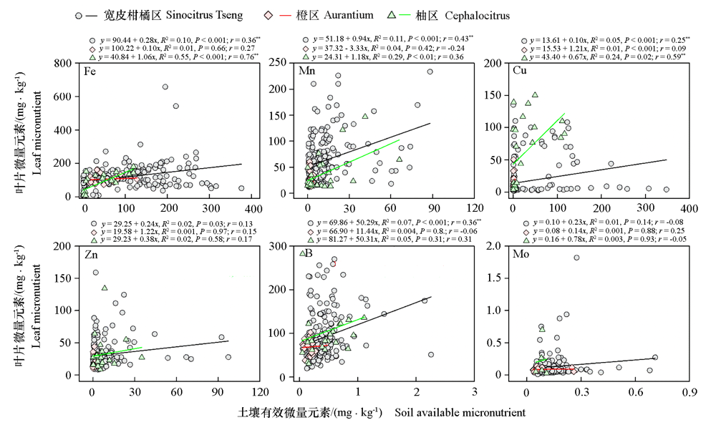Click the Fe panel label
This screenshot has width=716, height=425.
90,72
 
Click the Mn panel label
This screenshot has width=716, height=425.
307,72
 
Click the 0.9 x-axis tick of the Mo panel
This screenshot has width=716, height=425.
690,391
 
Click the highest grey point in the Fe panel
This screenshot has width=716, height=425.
165,87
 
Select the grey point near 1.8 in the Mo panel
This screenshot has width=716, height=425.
576,258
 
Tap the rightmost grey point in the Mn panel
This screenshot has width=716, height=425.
430,72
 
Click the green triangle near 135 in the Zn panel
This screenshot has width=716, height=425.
105,288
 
